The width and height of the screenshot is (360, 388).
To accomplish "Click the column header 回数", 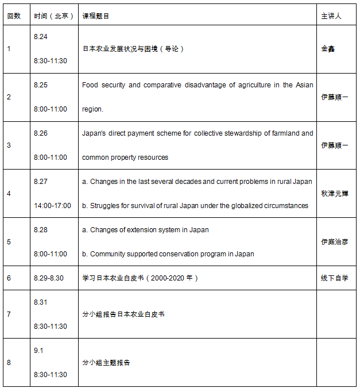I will (x=14, y=16).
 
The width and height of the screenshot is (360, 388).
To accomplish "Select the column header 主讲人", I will (x=331, y=16).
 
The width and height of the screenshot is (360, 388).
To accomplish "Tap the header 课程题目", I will (x=96, y=16).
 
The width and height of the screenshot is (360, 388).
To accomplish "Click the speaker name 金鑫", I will (x=328, y=49).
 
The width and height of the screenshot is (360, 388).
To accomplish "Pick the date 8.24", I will (x=41, y=37).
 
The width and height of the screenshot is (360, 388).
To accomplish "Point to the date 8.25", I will (x=41, y=85).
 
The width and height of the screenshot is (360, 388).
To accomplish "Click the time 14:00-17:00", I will (x=52, y=205).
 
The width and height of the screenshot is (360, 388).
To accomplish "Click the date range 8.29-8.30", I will (x=49, y=278).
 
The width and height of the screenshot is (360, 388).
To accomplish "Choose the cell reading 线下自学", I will (x=334, y=278).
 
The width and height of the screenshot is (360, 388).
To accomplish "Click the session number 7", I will (x=9, y=314).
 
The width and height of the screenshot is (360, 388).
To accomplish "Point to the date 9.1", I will (x=39, y=351).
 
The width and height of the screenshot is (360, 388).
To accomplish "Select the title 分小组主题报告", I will (x=106, y=363).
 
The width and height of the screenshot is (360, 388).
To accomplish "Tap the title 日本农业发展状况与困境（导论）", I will (x=133, y=49).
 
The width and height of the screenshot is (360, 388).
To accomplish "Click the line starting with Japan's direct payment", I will (x=198, y=133).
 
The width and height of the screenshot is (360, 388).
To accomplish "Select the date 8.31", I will (x=41, y=302).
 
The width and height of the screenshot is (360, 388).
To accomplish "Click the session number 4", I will (x=9, y=194).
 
